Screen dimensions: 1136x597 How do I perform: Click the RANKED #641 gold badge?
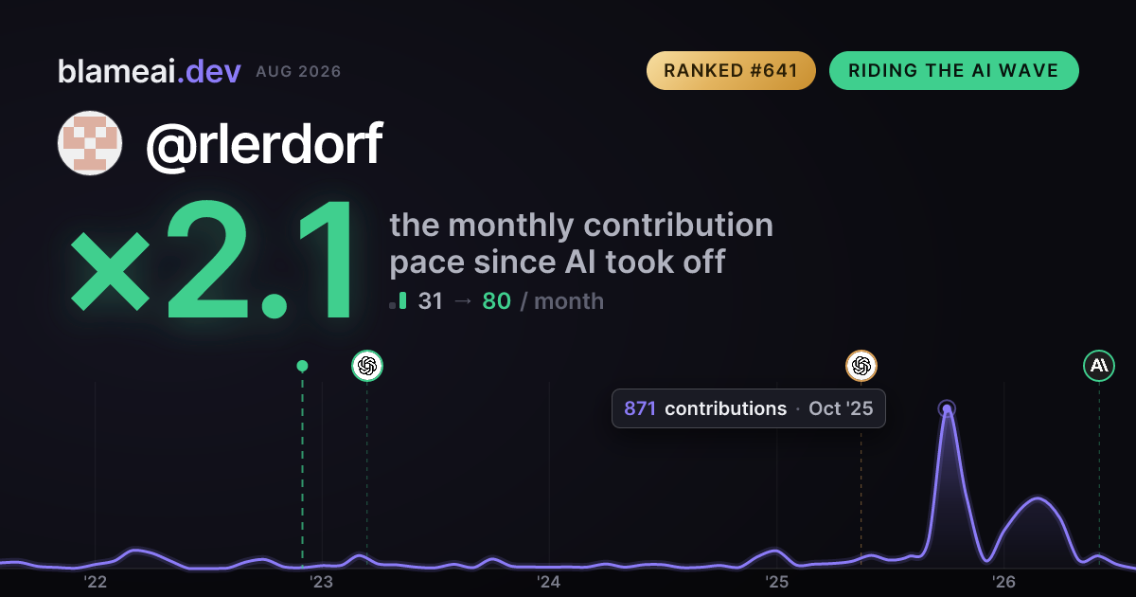pyautogui.click(x=731, y=70)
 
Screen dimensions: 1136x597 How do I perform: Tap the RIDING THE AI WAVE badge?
pyautogui.click(x=954, y=70)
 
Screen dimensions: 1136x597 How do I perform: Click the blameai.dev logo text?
pyautogui.click(x=150, y=71)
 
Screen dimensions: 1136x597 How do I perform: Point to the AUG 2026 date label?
pyautogui.click(x=298, y=72)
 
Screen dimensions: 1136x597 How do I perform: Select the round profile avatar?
pyautogui.click(x=90, y=143)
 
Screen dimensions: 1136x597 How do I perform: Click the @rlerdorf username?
pyautogui.click(x=264, y=144)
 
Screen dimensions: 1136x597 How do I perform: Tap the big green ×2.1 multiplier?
pyautogui.click(x=211, y=260)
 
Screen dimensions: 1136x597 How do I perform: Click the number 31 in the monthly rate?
pyautogui.click(x=430, y=301)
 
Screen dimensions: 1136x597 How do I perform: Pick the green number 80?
pyautogui.click(x=496, y=301)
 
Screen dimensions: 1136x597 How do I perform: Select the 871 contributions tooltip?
pyautogui.click(x=749, y=408)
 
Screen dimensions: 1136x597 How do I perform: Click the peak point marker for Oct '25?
pyautogui.click(x=947, y=408)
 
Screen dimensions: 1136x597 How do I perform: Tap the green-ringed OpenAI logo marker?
pyautogui.click(x=367, y=366)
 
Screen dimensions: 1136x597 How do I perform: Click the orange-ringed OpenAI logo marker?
pyautogui.click(x=861, y=366)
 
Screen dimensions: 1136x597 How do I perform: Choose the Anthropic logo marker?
pyautogui.click(x=1099, y=366)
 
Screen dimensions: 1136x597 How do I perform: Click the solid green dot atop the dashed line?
pyautogui.click(x=302, y=366)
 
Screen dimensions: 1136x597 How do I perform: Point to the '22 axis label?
pyautogui.click(x=95, y=582)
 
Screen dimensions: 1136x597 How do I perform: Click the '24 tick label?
pyautogui.click(x=549, y=582)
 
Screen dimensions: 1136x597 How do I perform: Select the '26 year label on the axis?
pyautogui.click(x=1003, y=582)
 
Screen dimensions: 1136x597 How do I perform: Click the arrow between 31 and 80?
pyautogui.click(x=463, y=301)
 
